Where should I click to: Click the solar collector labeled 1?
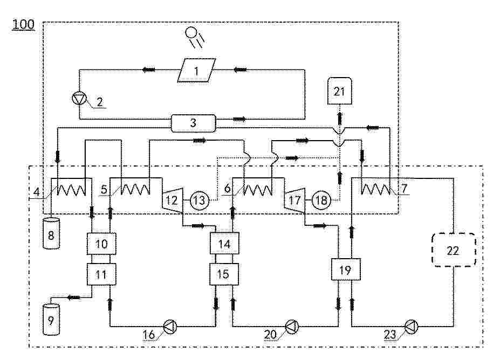pos(196,71)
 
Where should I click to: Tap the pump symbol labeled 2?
pos(79,99)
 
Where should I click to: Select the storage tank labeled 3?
pos(193,123)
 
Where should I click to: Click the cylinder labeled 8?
pos(51,229)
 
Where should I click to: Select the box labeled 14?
pos(224,244)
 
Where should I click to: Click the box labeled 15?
pos(224,274)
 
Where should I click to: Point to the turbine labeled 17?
pos(295,201)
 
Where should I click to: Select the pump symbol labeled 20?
pos(292,326)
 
